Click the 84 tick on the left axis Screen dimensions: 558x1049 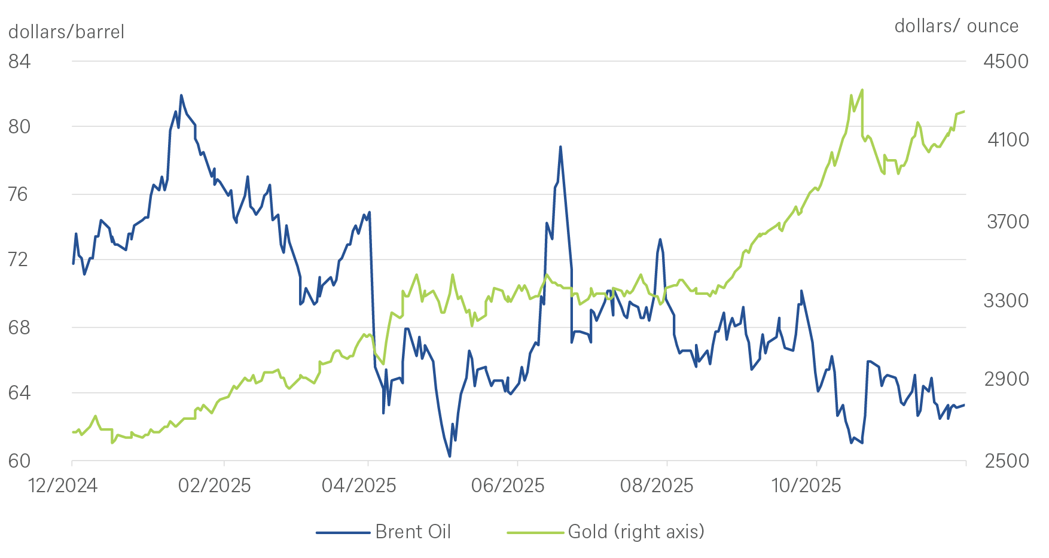19,61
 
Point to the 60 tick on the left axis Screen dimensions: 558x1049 19,461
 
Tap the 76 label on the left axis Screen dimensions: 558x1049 19,194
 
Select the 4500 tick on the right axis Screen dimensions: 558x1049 1006,61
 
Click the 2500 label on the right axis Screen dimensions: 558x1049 1006,461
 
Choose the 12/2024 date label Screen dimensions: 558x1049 63,485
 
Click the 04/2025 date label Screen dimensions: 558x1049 359,485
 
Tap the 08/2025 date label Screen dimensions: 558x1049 657,485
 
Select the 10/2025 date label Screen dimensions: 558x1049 806,485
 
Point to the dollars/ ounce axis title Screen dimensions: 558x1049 956,26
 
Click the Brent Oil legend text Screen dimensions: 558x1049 413,532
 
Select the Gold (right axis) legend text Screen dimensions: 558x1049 636,532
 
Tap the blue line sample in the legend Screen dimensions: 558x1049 343,532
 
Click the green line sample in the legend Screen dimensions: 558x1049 535,532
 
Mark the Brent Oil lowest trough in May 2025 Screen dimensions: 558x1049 449,456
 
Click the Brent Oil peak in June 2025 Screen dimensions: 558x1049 560,146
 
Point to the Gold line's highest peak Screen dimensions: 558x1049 862,90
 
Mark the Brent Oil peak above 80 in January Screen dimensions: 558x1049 181,94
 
